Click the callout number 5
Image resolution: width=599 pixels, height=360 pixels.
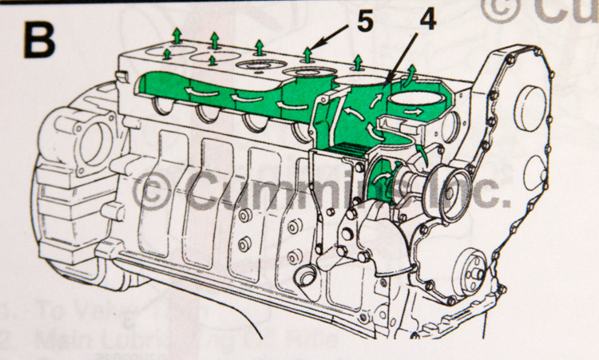365,22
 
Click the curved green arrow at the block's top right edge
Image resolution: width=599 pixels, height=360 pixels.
411,73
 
